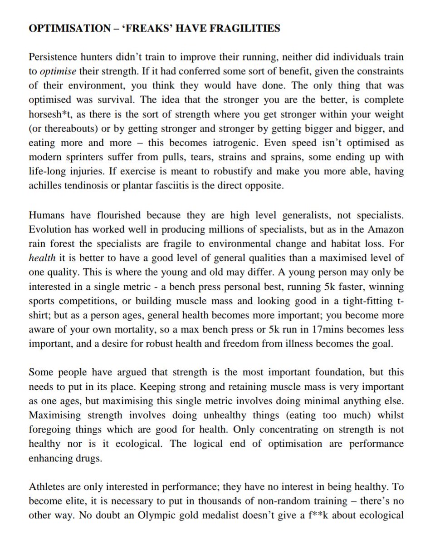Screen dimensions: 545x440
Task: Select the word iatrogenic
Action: click(x=232, y=142)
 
